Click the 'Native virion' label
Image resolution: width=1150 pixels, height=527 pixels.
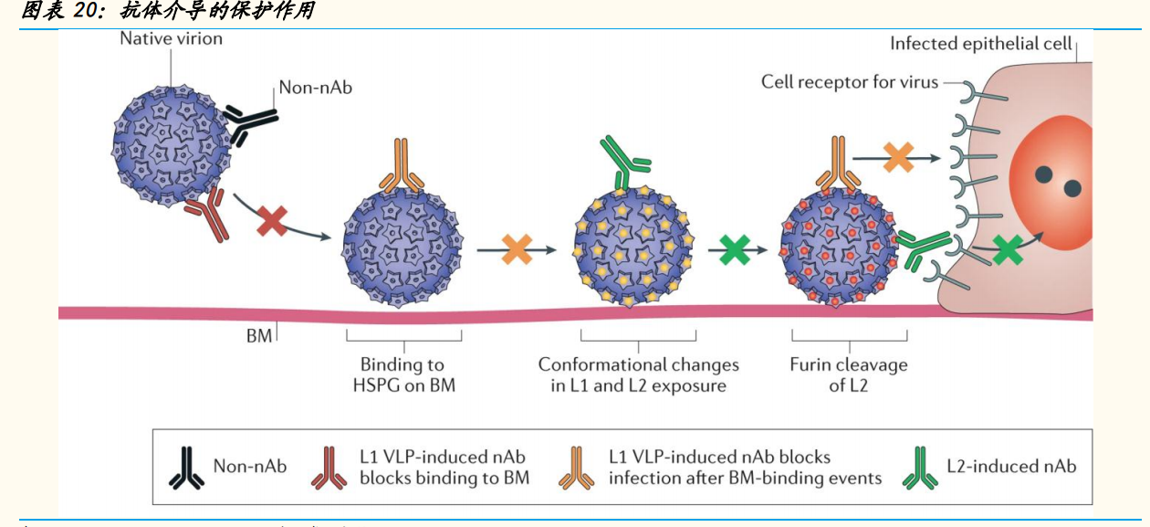(x=171, y=38)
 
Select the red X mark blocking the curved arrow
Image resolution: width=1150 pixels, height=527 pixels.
(x=274, y=222)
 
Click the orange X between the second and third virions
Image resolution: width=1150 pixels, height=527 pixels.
(x=517, y=249)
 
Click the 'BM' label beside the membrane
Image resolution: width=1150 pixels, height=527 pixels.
(x=258, y=336)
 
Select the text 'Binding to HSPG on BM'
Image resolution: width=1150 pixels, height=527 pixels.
(x=403, y=374)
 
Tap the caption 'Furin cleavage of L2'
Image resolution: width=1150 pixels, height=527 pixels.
(x=849, y=374)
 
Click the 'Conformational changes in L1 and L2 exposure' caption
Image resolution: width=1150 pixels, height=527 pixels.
(x=638, y=374)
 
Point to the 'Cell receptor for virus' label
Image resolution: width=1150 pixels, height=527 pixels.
(x=850, y=82)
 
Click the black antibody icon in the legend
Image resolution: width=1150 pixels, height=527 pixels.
(x=186, y=467)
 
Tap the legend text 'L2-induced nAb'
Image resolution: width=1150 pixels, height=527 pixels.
(x=1011, y=466)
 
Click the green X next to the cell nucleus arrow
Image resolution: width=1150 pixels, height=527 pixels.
(x=1008, y=249)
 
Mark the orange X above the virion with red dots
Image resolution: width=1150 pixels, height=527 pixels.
(x=898, y=158)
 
